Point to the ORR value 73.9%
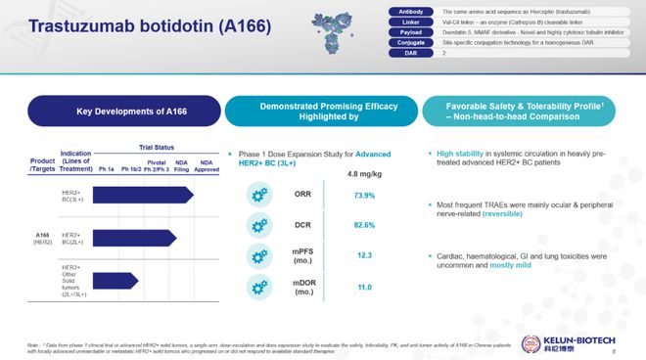pos(364,195)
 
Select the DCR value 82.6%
pos(364,226)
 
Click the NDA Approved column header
pos(207,165)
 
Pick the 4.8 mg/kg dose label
pos(365,174)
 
